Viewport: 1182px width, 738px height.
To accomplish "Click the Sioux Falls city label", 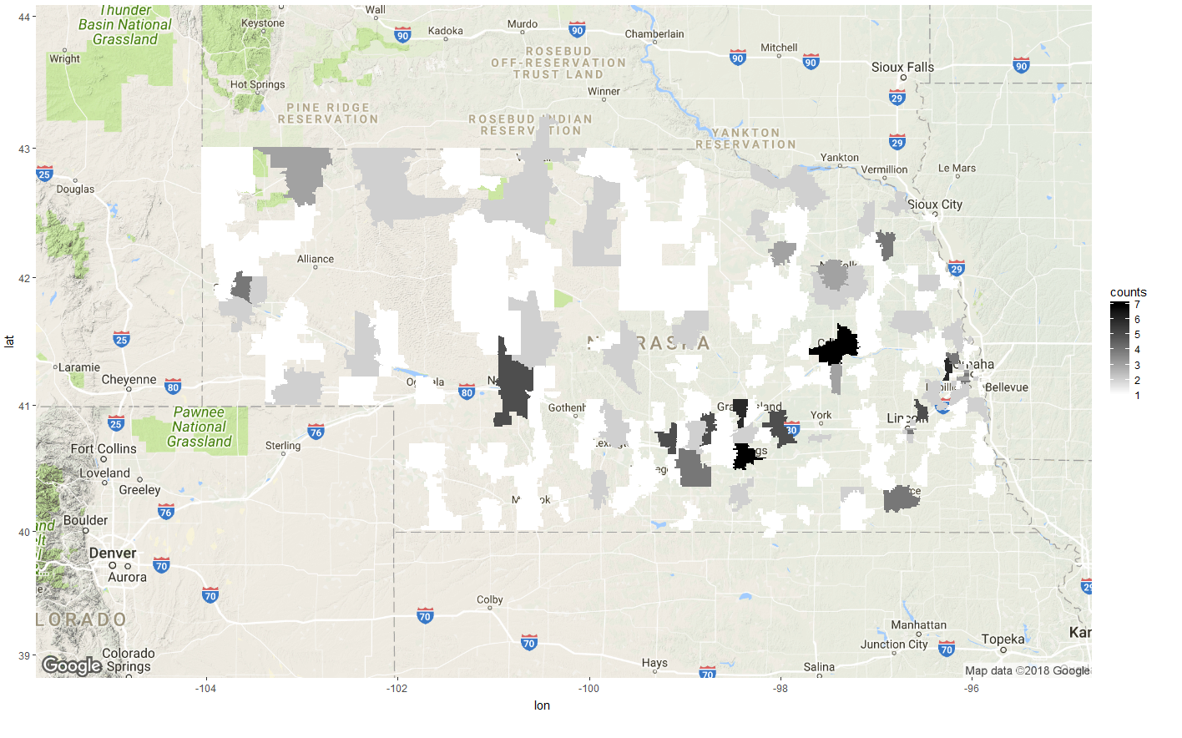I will (902, 68).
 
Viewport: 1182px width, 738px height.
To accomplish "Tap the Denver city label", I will (113, 553).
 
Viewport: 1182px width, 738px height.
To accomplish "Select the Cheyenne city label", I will (129, 380).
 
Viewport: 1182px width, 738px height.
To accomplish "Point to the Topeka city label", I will (1003, 639).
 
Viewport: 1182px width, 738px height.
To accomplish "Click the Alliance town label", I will (316, 260).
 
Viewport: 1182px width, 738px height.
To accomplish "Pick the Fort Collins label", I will (104, 449).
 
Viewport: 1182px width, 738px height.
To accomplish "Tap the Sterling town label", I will (283, 446).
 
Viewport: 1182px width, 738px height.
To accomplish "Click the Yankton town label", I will (839, 158).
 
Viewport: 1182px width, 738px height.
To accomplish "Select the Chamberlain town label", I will (654, 34).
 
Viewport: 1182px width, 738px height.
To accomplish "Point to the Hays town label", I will (654, 663).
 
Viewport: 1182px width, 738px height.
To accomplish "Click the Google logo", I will (72, 665).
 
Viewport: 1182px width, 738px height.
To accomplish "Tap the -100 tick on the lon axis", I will (589, 689).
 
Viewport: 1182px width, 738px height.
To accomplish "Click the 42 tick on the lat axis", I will (23, 279).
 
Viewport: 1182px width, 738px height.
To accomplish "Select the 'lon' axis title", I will (542, 706).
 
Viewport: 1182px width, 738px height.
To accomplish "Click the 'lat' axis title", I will (9, 341).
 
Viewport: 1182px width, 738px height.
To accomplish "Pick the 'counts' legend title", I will (1128, 292).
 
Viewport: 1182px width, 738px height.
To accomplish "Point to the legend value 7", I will (1137, 305).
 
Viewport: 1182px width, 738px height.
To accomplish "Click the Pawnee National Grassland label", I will (199, 427).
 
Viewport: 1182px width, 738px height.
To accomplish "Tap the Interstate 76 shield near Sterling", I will (316, 432).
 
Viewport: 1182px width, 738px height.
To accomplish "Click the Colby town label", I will (490, 600).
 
